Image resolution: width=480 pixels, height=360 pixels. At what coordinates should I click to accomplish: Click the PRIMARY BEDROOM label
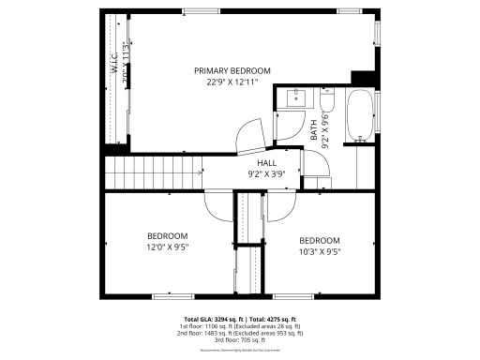pos(232,70)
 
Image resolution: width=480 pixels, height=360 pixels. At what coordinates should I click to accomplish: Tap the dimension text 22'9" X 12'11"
pos(232,82)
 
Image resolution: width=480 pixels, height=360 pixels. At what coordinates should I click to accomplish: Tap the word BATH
pos(314,129)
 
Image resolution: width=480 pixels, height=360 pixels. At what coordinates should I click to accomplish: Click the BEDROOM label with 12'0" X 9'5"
pos(167,235)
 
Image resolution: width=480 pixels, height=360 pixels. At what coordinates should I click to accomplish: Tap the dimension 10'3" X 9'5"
pos(319,251)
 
